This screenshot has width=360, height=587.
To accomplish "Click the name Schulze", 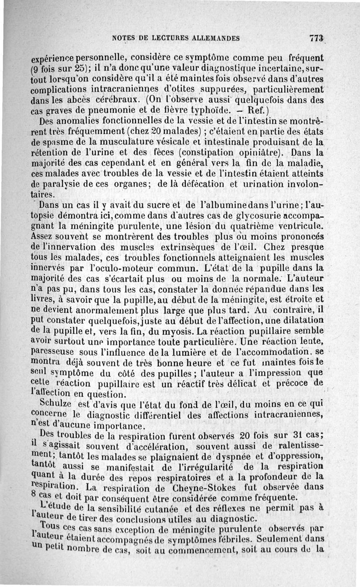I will (x=58, y=403).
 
